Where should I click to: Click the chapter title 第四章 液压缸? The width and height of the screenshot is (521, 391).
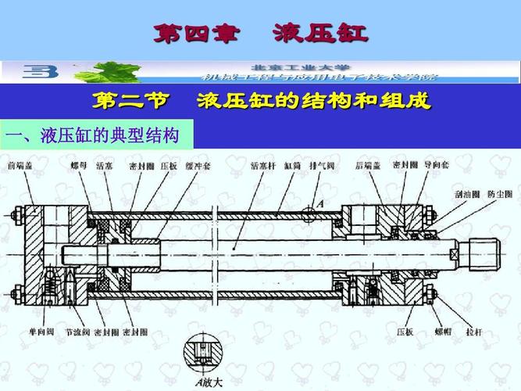coord(260,34)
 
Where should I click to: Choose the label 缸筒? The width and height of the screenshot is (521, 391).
coord(293,166)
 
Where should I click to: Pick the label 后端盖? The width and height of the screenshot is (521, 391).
coord(367,166)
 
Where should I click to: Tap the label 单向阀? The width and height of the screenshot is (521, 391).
coord(21,332)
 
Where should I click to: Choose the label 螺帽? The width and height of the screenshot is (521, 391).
coord(443,332)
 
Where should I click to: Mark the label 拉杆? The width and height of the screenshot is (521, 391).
coord(473,332)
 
